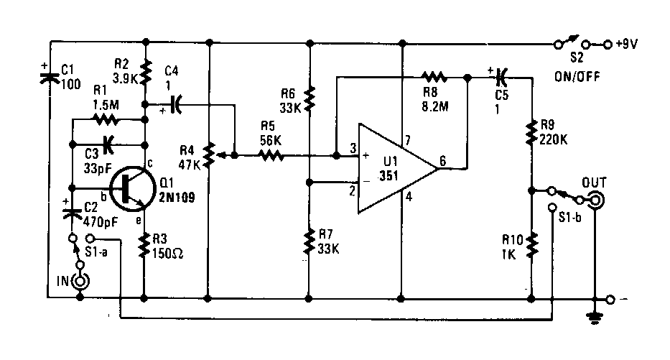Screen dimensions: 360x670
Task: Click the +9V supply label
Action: [627, 44]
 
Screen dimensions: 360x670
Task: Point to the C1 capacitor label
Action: [68, 70]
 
